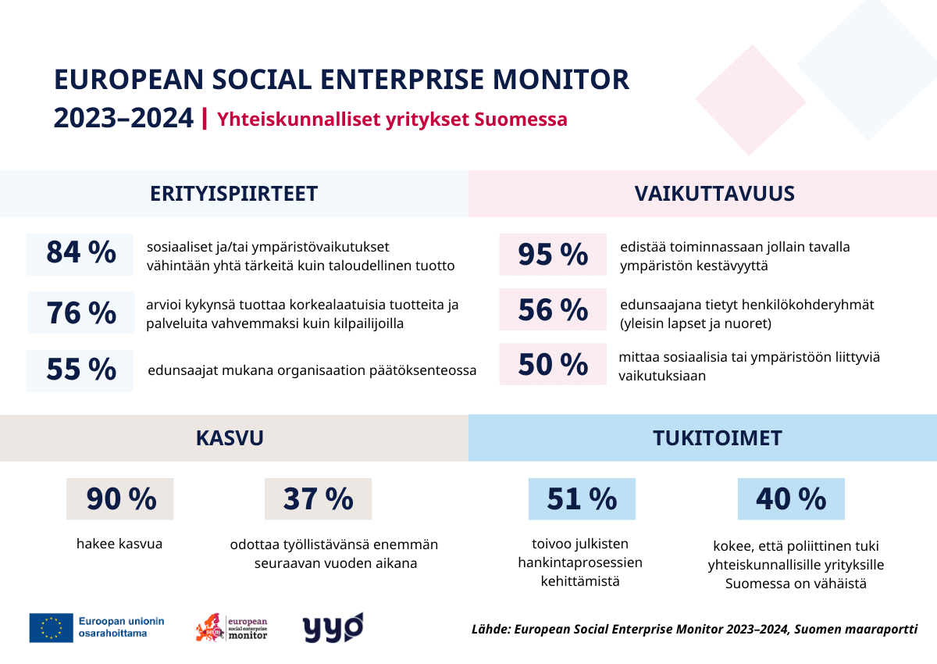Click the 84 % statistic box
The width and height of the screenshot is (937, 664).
click(x=80, y=254)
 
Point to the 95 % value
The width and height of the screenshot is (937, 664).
click(x=553, y=255)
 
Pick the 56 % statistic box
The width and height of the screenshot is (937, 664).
click(x=553, y=310)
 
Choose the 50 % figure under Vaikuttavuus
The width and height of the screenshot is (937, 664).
click(x=553, y=365)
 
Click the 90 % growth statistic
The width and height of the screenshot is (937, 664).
click(x=120, y=499)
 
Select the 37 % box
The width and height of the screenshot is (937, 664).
click(x=318, y=499)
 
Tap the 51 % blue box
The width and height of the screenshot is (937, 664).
click(x=582, y=499)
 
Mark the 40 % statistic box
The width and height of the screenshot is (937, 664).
click(x=791, y=499)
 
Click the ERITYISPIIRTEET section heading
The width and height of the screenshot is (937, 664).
click(x=233, y=194)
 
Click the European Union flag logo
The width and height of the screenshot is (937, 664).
click(x=52, y=628)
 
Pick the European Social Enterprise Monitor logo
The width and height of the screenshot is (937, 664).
click(x=232, y=627)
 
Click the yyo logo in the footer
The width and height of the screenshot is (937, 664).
click(x=332, y=627)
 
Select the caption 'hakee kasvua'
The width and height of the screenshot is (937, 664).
click(x=119, y=544)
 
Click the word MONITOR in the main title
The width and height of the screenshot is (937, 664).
click(x=555, y=79)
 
